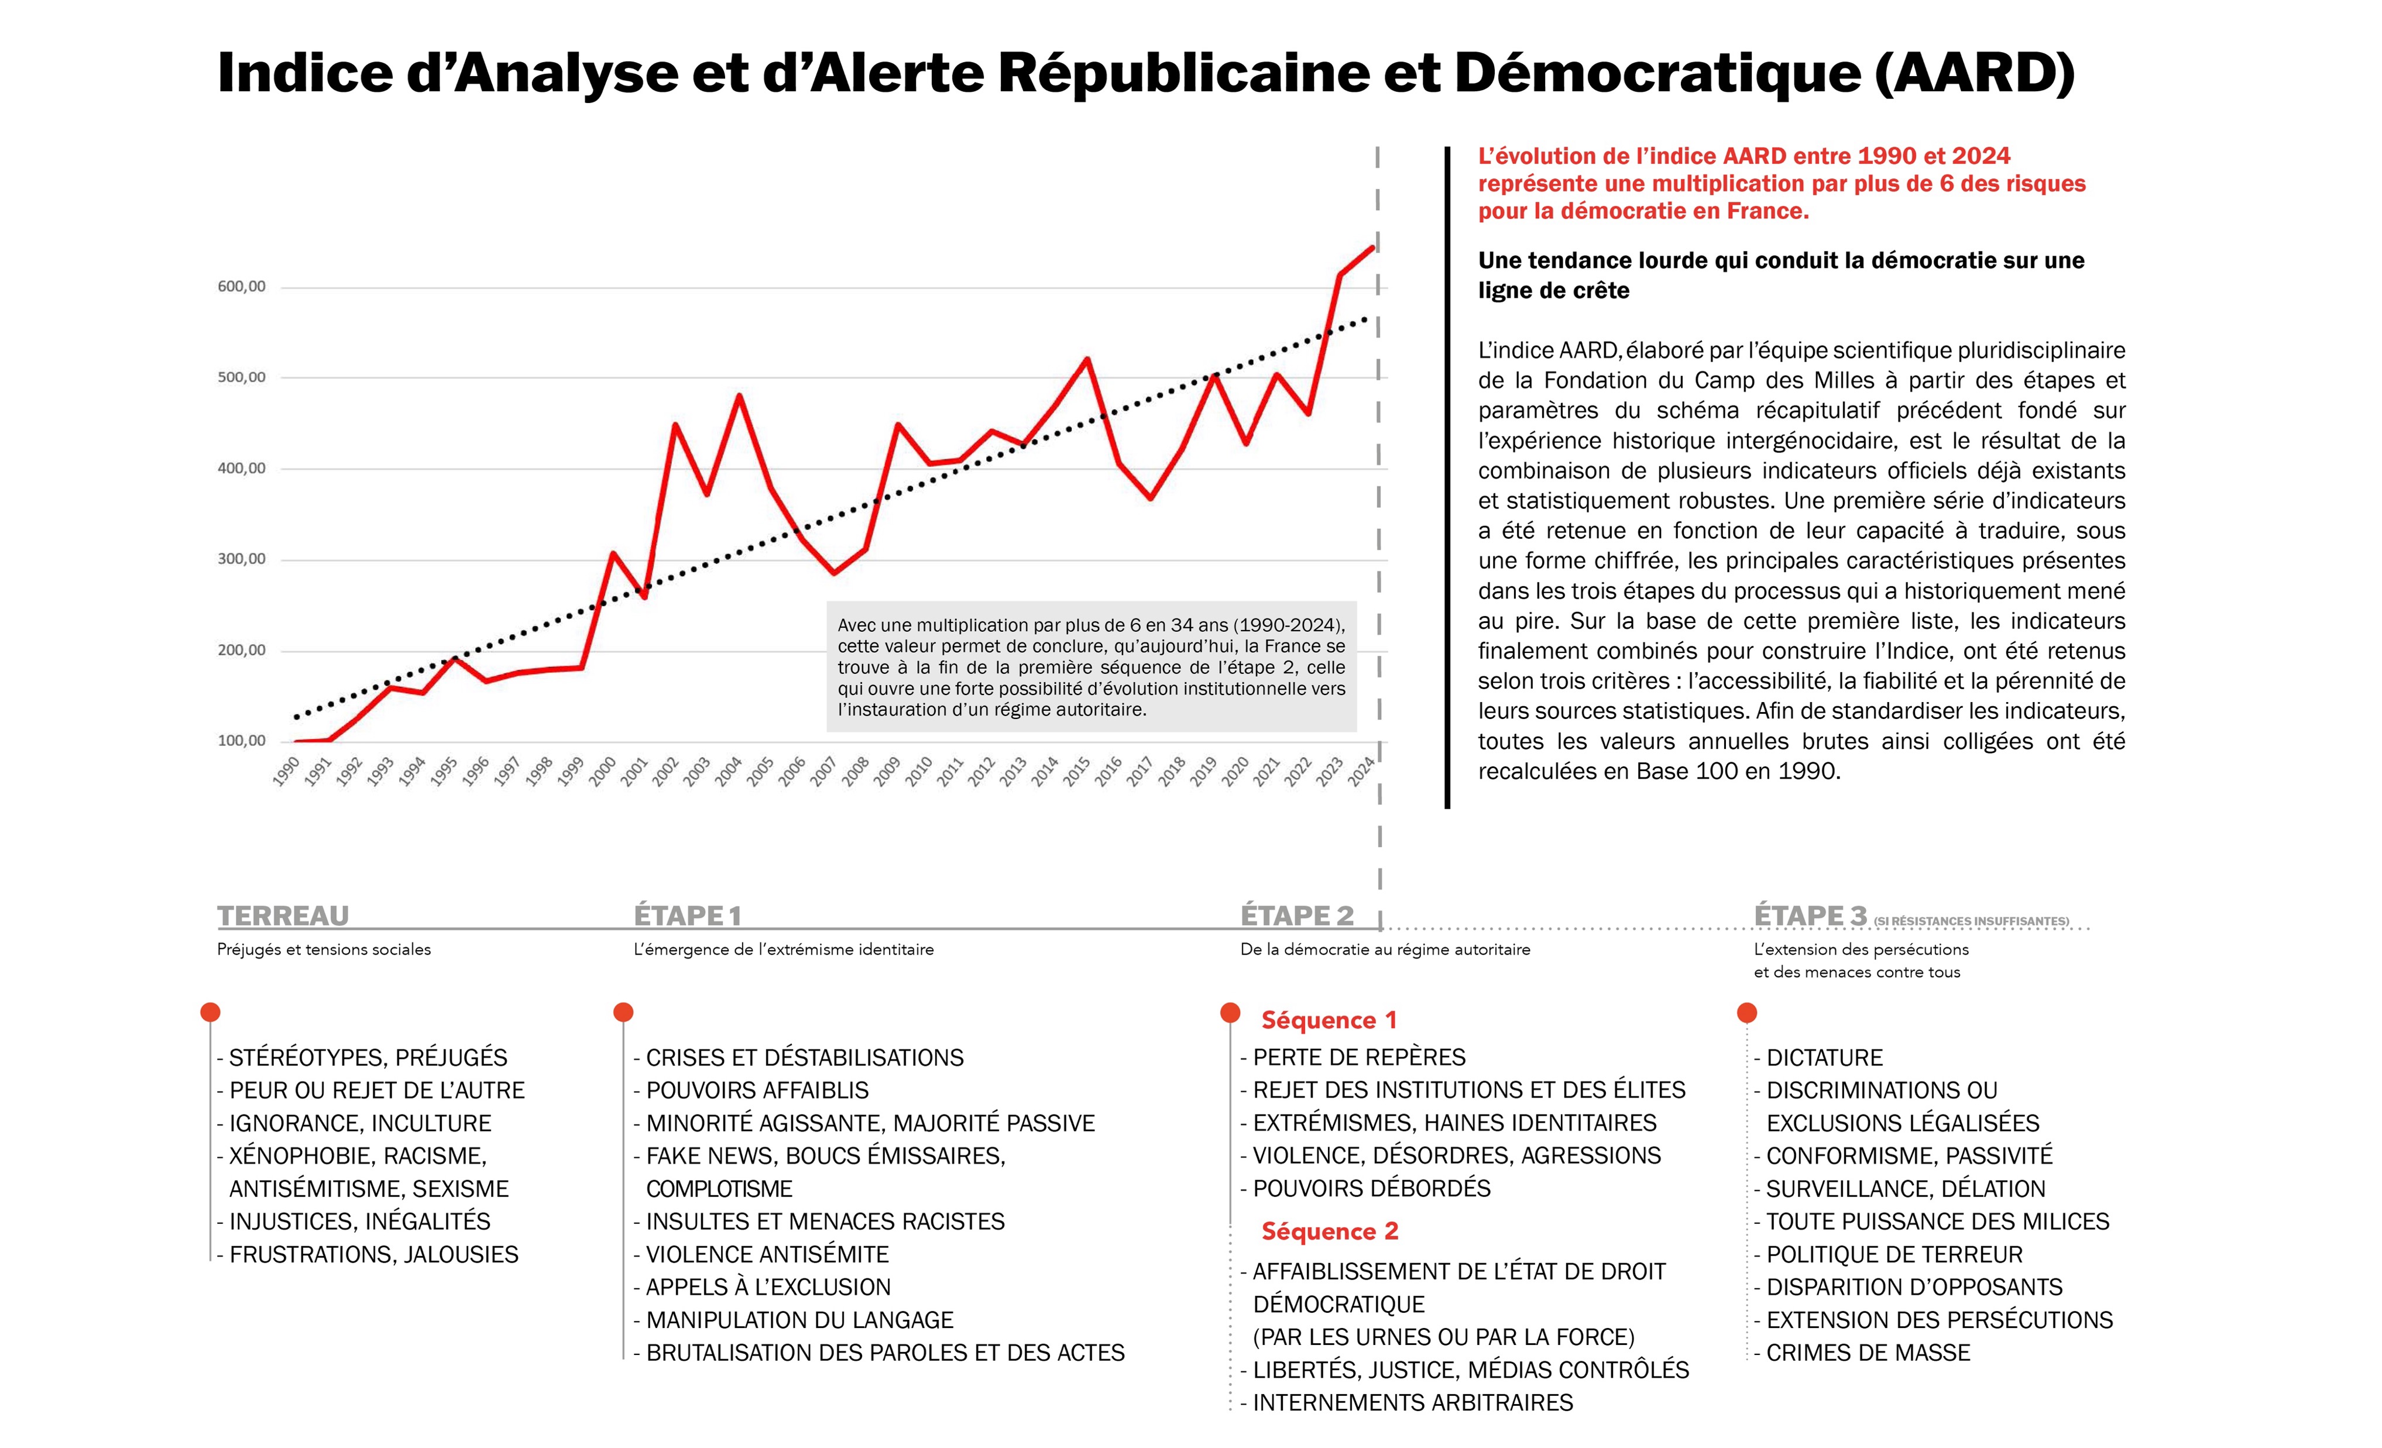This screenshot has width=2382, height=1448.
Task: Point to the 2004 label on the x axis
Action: point(728,771)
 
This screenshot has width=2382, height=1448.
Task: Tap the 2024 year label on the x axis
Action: point(1361,771)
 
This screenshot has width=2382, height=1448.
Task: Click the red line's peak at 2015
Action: point(1087,360)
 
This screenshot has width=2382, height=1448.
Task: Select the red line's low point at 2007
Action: point(833,573)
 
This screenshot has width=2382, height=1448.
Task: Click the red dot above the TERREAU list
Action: point(210,1012)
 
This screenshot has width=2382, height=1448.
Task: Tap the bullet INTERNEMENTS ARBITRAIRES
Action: point(1412,1402)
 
